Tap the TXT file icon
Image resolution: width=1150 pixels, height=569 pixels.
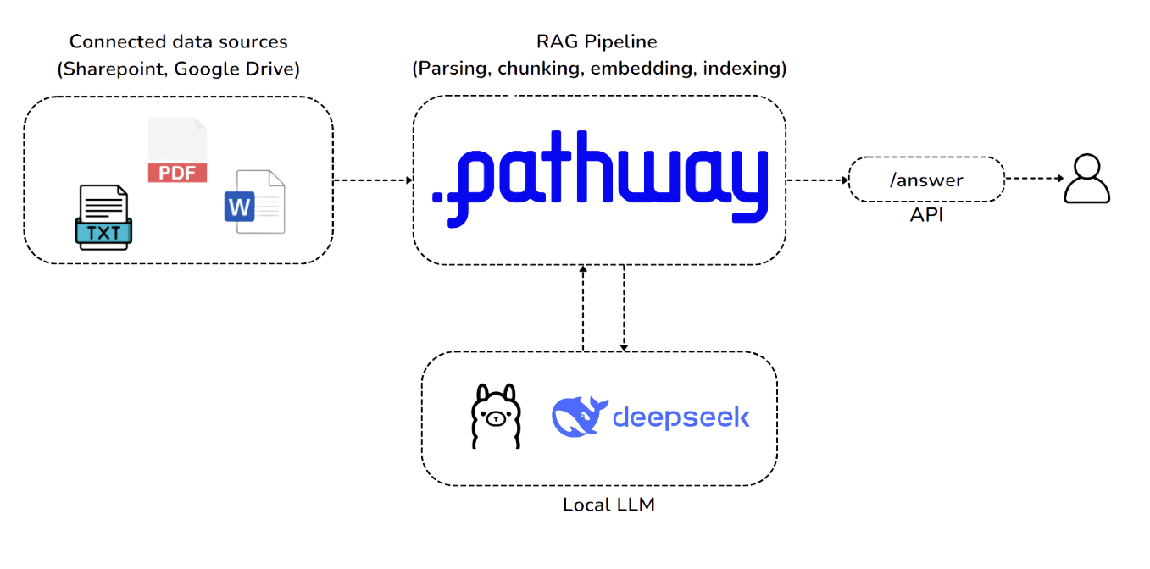[x=103, y=218]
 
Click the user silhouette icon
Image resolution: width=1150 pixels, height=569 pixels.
[x=1087, y=179]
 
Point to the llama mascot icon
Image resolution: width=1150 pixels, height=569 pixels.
[x=494, y=416]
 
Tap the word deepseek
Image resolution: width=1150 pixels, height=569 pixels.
[x=681, y=417]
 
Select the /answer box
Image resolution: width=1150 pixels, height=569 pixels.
[x=926, y=180]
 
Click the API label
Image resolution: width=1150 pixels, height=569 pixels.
[x=926, y=215]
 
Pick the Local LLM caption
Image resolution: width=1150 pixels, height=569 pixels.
[x=608, y=505]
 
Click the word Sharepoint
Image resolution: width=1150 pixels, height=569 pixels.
[x=114, y=69]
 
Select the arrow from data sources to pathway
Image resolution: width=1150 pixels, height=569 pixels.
[x=373, y=180]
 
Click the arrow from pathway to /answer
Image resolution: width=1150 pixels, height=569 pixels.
[x=817, y=180]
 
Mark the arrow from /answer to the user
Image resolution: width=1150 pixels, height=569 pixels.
[x=1034, y=179]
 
